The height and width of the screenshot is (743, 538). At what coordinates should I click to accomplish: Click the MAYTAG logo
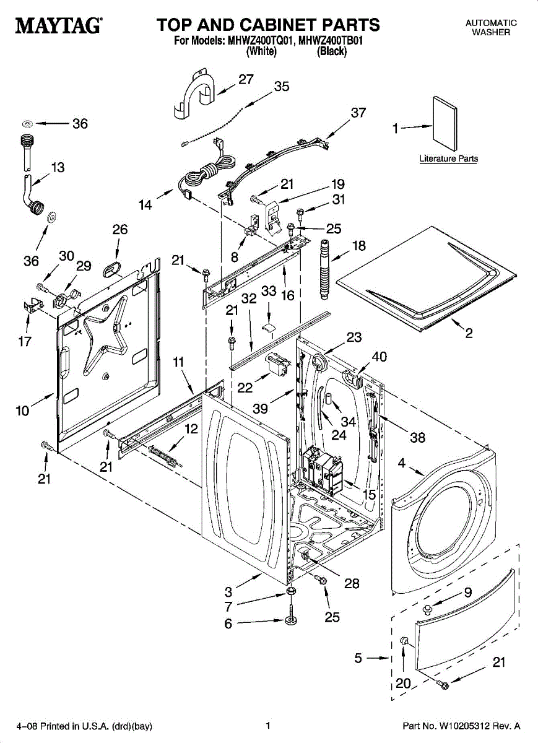point(59,26)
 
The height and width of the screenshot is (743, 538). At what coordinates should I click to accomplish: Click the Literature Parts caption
point(448,159)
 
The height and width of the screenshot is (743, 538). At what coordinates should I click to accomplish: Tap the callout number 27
point(246,79)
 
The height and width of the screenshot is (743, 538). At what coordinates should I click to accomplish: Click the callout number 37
point(358,113)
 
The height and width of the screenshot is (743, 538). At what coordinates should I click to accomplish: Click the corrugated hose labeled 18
point(324,267)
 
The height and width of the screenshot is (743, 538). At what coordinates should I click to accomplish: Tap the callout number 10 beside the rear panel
point(22,410)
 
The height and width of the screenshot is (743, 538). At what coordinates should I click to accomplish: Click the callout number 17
point(25,341)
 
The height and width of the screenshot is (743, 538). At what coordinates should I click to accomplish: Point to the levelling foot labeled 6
point(292,620)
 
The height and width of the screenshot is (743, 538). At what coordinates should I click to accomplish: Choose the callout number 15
point(370,495)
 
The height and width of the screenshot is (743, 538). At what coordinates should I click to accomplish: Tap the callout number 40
point(379,357)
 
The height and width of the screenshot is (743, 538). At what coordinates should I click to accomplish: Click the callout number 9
point(468,592)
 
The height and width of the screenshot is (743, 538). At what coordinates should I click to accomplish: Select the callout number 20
point(403,683)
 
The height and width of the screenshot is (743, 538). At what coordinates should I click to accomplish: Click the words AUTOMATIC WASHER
point(491,27)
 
